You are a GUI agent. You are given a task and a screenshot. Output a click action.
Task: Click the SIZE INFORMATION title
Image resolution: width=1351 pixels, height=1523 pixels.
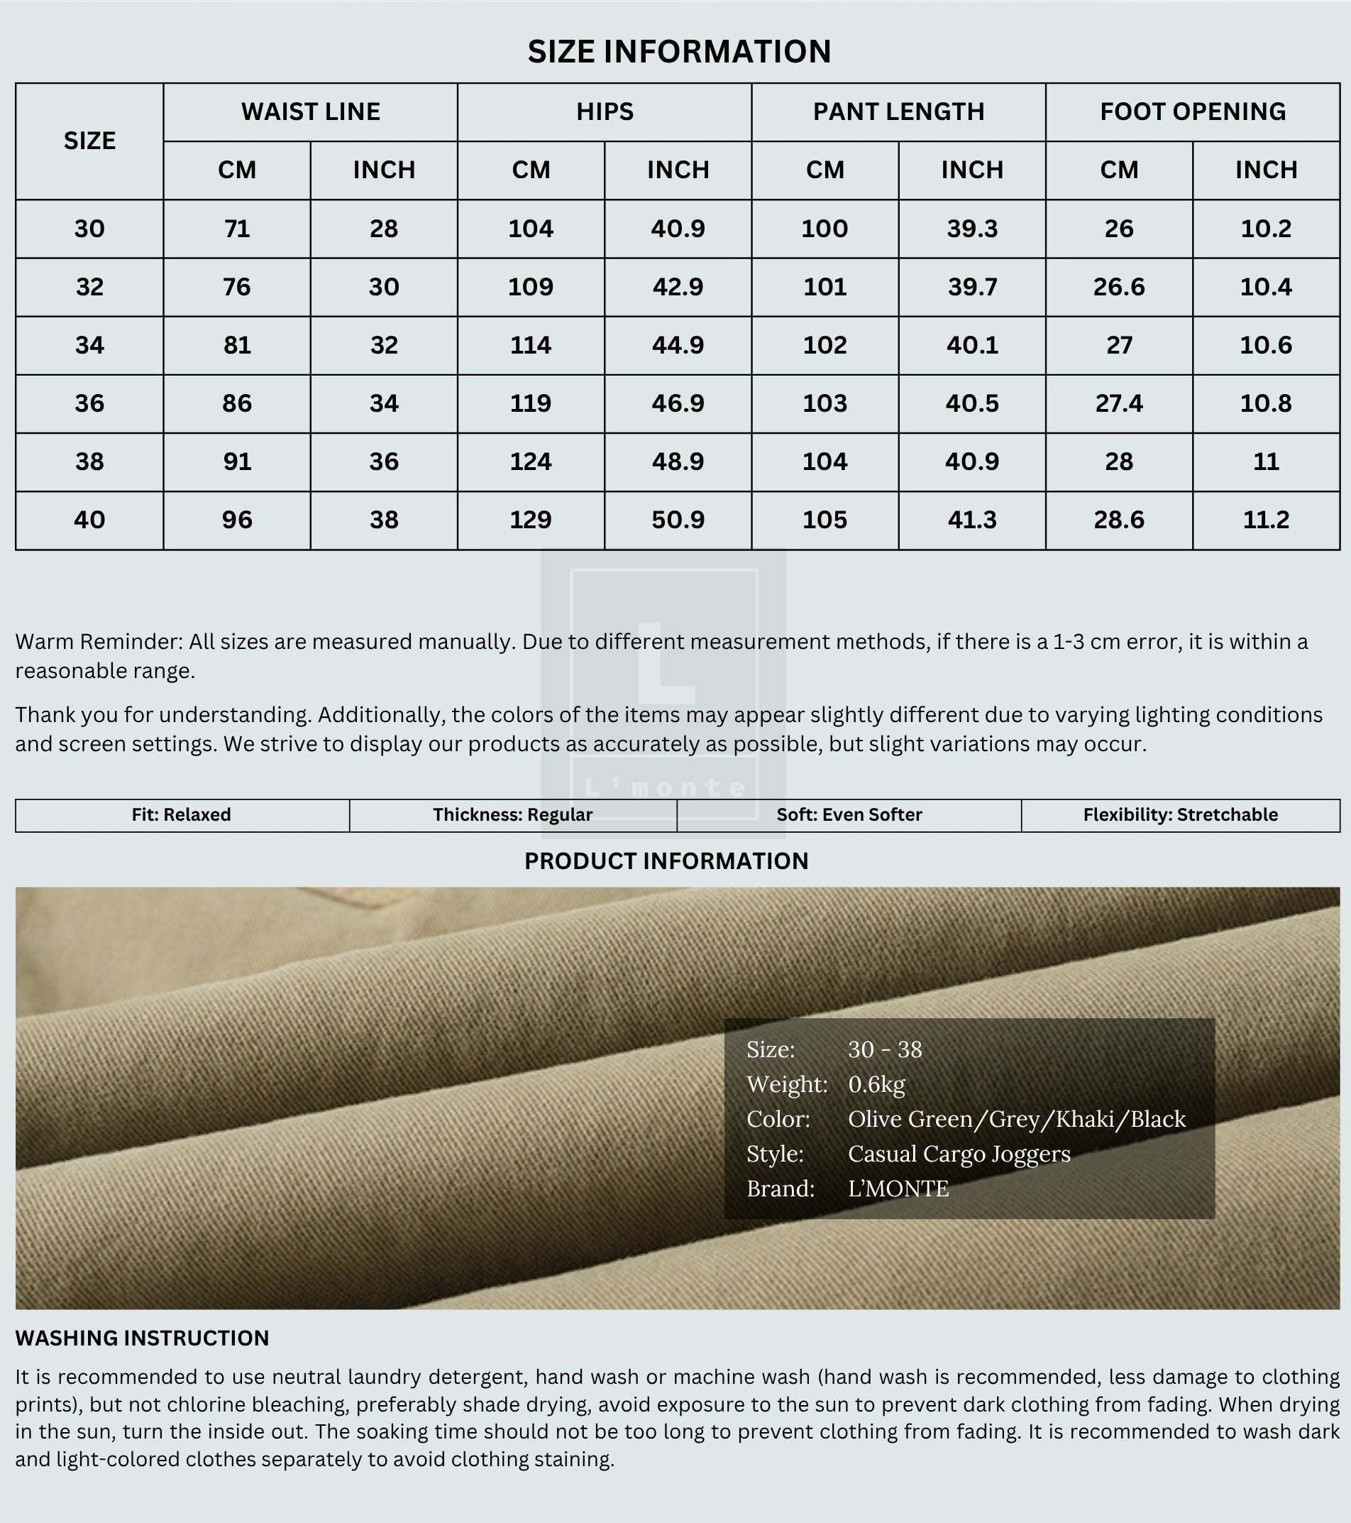click(x=678, y=51)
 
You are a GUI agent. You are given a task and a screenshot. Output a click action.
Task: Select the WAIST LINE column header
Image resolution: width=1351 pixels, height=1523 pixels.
click(x=311, y=111)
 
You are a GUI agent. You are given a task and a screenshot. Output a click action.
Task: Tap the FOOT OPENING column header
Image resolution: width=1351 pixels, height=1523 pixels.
click(x=1192, y=111)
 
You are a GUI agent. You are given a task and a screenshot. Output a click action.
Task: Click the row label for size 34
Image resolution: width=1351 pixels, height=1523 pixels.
click(x=89, y=345)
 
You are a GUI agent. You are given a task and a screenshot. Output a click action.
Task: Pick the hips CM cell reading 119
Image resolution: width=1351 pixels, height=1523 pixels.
click(x=530, y=403)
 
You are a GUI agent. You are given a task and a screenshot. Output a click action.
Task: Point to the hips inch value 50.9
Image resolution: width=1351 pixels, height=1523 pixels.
click(x=678, y=519)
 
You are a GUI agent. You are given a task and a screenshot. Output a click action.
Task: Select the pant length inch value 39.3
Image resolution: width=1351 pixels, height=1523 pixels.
click(x=972, y=229)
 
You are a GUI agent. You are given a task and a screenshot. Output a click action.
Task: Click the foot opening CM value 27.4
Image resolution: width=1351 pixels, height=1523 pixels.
click(x=1119, y=403)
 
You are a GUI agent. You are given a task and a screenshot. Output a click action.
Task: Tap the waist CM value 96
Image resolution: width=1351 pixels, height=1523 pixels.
click(x=237, y=519)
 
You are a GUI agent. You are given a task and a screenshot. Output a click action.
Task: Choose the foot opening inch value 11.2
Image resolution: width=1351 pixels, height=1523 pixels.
click(x=1265, y=519)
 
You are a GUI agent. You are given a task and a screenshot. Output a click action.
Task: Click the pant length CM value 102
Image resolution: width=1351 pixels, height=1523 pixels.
click(x=825, y=345)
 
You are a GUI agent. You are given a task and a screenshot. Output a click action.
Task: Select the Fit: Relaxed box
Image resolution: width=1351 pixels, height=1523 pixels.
click(x=182, y=814)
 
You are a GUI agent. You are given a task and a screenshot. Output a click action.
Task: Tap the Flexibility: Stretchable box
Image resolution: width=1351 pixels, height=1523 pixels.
click(x=1180, y=814)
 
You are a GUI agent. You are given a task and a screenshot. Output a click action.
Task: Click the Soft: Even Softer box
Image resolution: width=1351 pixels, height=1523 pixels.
click(x=849, y=814)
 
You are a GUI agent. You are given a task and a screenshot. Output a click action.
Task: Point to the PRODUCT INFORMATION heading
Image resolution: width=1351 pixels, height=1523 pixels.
click(x=666, y=861)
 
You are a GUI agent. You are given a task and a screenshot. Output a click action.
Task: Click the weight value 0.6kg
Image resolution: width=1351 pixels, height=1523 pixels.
click(x=876, y=1084)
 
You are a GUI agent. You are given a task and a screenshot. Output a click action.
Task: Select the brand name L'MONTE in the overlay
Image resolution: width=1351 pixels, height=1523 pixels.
click(x=898, y=1189)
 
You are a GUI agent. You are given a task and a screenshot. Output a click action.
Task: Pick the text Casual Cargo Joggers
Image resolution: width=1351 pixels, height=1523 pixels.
click(x=959, y=1153)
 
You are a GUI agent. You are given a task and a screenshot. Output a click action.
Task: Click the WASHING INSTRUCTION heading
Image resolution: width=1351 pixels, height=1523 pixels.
click(x=142, y=1338)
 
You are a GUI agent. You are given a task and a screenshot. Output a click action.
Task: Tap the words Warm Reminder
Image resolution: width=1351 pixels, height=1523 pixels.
click(x=99, y=642)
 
